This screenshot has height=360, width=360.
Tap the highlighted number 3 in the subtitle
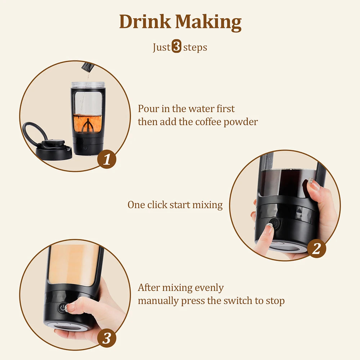click(176, 47)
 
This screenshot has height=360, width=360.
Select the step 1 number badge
click(107, 159)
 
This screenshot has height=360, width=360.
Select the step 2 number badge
click(316, 249)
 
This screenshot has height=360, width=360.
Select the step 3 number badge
click(107, 338)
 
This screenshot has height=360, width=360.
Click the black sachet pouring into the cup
click(88, 67)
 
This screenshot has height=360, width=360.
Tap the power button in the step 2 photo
click(274, 224)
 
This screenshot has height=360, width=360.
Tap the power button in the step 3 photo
click(63, 308)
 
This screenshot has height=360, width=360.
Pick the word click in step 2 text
click(157, 205)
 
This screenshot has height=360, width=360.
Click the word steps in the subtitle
click(195, 48)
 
